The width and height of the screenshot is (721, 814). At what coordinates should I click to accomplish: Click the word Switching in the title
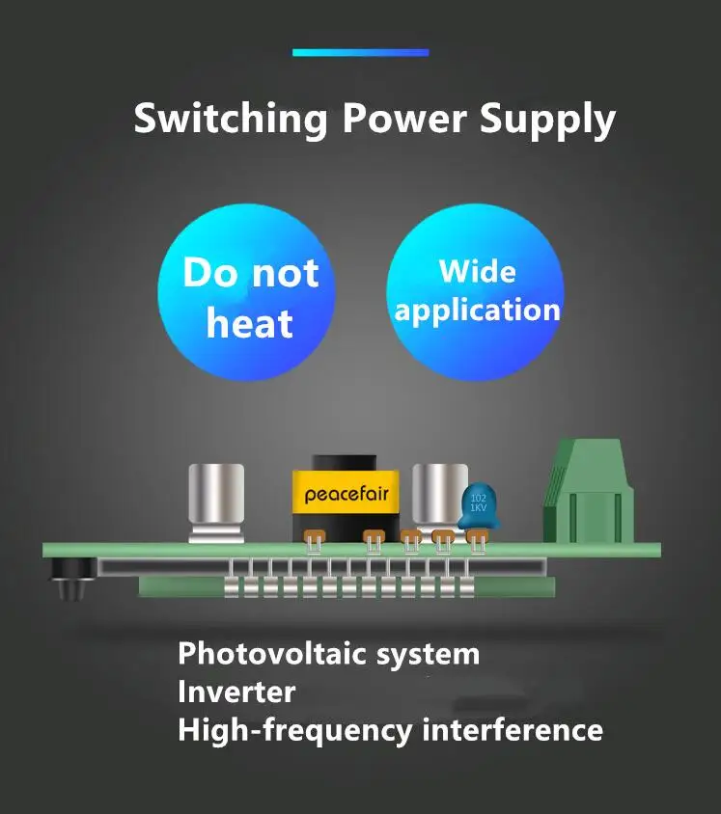point(231,120)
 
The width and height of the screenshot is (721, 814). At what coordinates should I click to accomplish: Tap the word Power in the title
point(404,119)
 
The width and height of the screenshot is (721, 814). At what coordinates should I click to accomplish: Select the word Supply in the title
point(547,121)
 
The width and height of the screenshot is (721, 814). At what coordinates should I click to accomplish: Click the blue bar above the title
point(361,52)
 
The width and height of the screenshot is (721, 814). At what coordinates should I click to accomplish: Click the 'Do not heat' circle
point(247,292)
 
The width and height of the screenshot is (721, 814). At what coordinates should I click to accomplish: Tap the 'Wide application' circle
point(476,292)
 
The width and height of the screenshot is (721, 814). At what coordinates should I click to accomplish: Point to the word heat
point(250,323)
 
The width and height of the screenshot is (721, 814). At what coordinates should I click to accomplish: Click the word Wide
point(478,271)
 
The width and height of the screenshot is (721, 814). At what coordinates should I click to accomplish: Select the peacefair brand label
point(346,493)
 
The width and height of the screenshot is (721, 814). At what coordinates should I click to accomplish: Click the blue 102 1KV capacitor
point(478,505)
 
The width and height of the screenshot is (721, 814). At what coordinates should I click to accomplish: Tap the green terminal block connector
point(588,491)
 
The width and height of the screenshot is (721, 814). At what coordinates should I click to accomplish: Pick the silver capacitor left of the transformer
point(216,503)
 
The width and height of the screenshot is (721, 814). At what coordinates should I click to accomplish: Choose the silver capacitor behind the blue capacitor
point(439,498)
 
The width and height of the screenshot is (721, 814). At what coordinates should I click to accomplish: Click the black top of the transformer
point(344,463)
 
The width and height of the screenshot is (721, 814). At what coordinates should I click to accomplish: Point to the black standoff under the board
point(72,579)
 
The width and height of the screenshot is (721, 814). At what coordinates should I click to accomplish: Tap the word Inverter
point(236,692)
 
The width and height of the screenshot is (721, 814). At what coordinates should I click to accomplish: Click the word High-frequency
point(295,731)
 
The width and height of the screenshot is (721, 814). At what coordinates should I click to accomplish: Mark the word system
point(428,655)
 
